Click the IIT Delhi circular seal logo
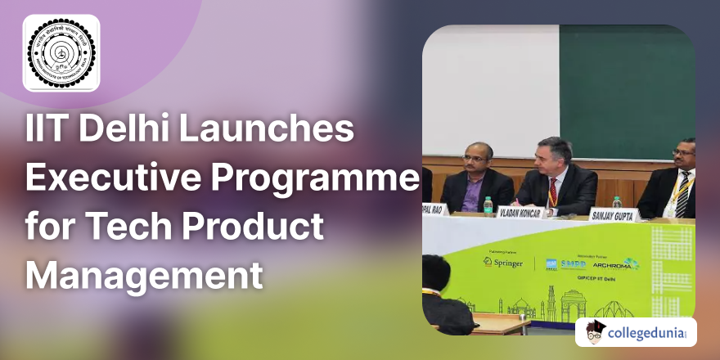pos(61,53)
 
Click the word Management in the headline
pos(145,272)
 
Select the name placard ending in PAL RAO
pos(434,209)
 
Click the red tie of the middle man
pos(553,190)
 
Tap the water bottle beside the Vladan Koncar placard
pos(488,205)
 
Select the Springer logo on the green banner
pos(503,262)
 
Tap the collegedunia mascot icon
pos(596,331)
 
